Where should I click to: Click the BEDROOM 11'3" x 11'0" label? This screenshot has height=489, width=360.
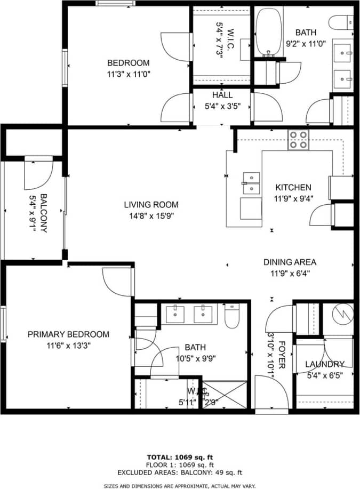pos(127,68)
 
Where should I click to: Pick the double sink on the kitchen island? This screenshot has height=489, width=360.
pos(251,183)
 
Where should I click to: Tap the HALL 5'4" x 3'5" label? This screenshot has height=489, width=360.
pos(222,100)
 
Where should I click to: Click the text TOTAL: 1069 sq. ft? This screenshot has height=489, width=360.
pos(180,458)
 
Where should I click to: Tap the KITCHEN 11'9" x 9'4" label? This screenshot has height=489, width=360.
pos(293,192)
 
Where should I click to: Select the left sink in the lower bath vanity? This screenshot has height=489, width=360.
pos(175,315)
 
